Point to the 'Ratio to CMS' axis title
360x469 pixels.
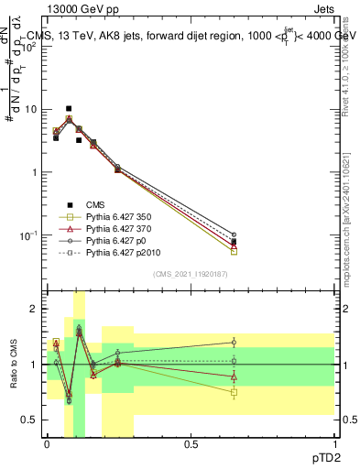[x=14, y=366]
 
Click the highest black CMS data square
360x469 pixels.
[x=69, y=108]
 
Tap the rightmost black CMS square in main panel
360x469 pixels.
[x=234, y=242]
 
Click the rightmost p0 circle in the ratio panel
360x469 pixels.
[x=234, y=343]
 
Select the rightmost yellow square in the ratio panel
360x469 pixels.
[x=234, y=392]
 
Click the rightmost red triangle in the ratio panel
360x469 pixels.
[x=234, y=376]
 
